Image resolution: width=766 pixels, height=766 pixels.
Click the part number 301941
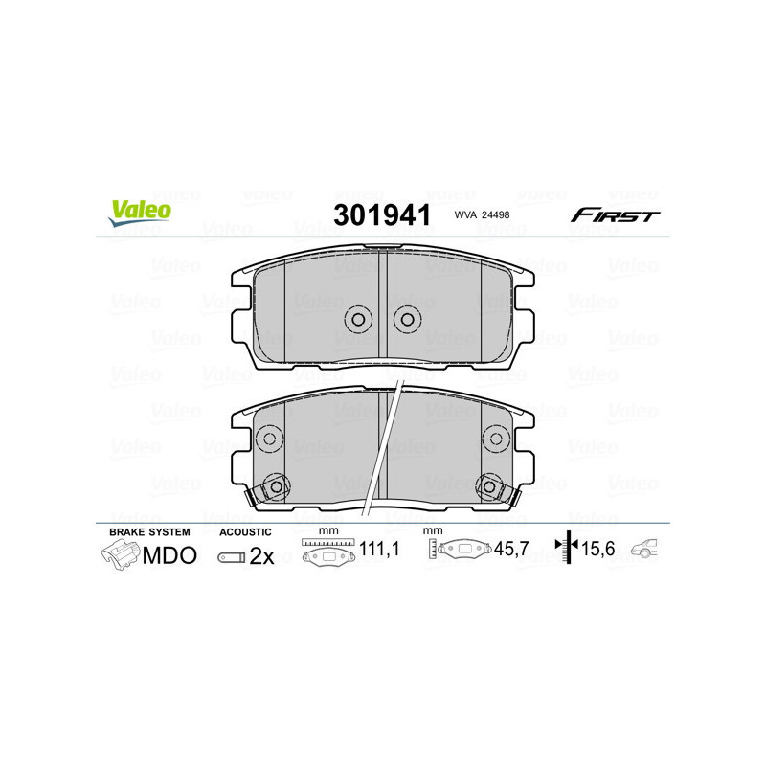click(381, 214)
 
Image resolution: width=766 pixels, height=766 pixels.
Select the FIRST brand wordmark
click(615, 214)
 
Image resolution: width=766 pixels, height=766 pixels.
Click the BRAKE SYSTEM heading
click(149, 531)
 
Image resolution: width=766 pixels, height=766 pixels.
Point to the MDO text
click(169, 555)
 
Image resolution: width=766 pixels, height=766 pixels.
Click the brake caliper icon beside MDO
click(120, 553)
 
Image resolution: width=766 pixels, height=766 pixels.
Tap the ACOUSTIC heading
click(246, 531)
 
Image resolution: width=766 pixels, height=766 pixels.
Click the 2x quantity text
click(262, 556)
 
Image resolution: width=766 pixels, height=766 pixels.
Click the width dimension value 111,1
click(380, 551)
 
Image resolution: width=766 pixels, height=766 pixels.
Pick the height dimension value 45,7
click(511, 551)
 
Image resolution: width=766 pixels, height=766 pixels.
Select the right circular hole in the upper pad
click(407, 319)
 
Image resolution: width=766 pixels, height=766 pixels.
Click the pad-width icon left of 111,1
click(328, 551)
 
